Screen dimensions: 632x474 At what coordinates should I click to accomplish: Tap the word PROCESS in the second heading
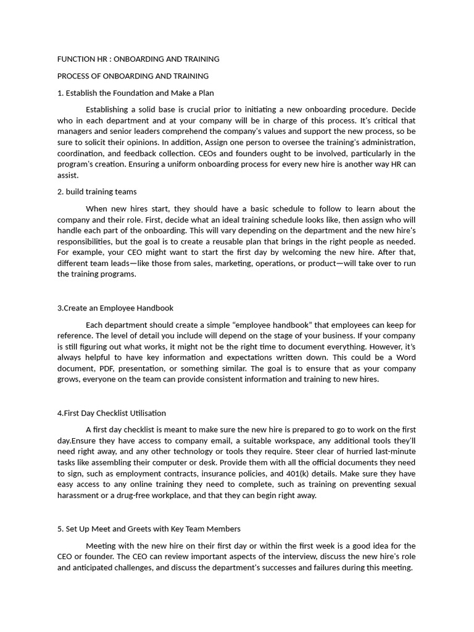(x=75, y=76)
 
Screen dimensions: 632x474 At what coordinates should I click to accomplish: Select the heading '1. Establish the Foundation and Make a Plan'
(x=136, y=93)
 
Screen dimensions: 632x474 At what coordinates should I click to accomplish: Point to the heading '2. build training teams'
(x=97, y=191)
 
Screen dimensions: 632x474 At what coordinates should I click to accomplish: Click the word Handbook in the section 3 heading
(x=155, y=308)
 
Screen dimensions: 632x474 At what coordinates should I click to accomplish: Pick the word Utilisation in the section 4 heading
(x=146, y=413)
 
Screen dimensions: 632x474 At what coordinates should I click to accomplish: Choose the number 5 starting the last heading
(x=59, y=529)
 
